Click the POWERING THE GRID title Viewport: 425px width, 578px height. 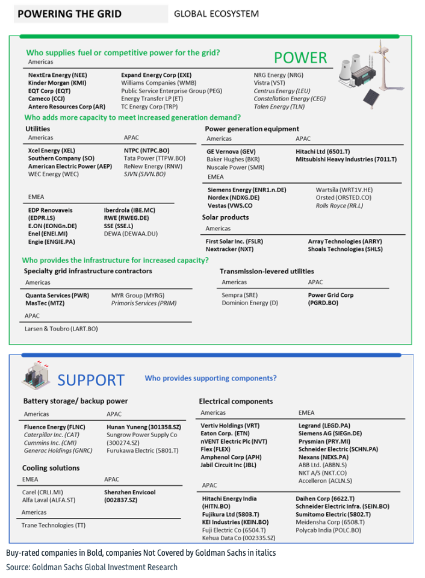(69, 14)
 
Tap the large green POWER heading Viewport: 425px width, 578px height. (300, 58)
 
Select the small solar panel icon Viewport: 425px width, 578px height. (373, 95)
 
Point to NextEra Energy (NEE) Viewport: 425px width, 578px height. (53, 75)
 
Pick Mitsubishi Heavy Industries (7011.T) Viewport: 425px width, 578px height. (346, 160)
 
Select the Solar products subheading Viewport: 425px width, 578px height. (226, 217)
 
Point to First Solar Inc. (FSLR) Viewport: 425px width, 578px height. (234, 241)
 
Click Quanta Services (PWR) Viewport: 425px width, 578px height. (57, 296)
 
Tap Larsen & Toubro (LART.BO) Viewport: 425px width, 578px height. (61, 329)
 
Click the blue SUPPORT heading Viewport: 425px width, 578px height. (91, 380)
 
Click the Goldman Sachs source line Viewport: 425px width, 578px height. (92, 567)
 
